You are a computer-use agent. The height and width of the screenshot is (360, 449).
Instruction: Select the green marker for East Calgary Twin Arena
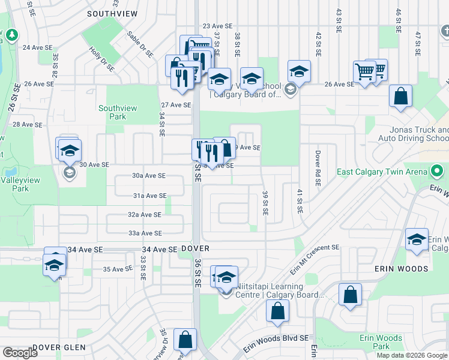436,172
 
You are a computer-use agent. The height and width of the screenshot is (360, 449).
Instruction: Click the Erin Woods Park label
381,342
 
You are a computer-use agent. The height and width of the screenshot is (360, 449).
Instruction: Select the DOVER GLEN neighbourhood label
59,347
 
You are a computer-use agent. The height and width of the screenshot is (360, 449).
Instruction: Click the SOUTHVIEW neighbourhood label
112,13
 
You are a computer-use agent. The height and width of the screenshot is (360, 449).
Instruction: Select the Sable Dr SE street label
140,46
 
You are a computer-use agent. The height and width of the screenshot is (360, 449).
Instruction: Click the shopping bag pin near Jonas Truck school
400,97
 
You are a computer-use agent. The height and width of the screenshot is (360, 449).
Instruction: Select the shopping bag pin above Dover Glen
185,340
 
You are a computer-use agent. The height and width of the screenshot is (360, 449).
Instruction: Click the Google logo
20,353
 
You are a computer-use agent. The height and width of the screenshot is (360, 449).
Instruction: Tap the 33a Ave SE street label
145,233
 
